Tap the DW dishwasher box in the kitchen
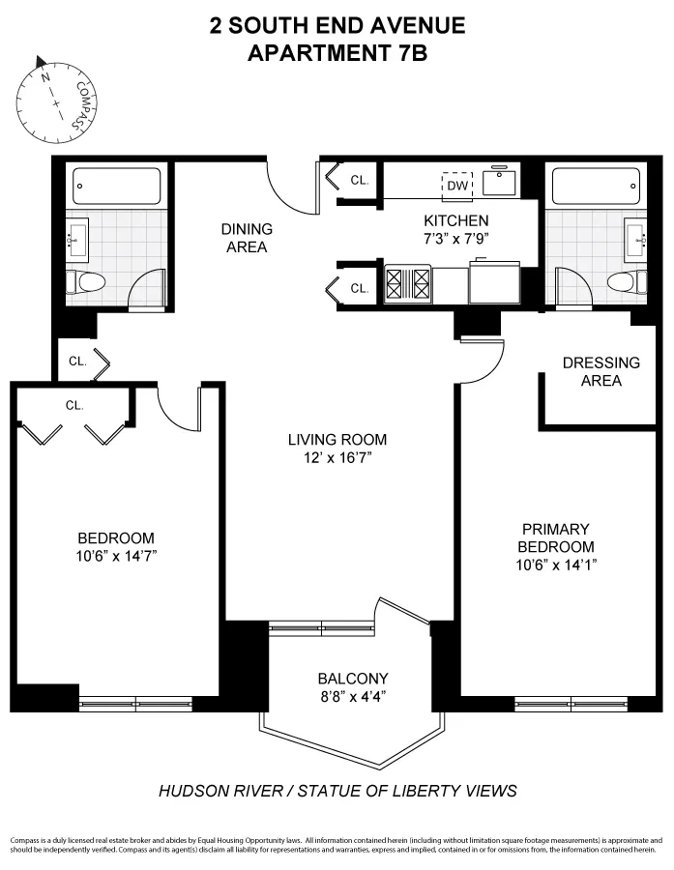(x=456, y=186)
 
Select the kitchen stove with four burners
(x=408, y=284)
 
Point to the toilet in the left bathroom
(x=88, y=283)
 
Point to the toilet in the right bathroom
(x=624, y=282)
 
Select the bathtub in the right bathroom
(x=593, y=184)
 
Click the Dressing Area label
(x=601, y=371)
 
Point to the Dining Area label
(x=247, y=238)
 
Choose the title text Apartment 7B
(x=337, y=53)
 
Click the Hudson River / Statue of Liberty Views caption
(x=337, y=791)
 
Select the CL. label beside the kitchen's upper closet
(x=360, y=180)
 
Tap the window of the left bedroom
(x=136, y=705)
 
